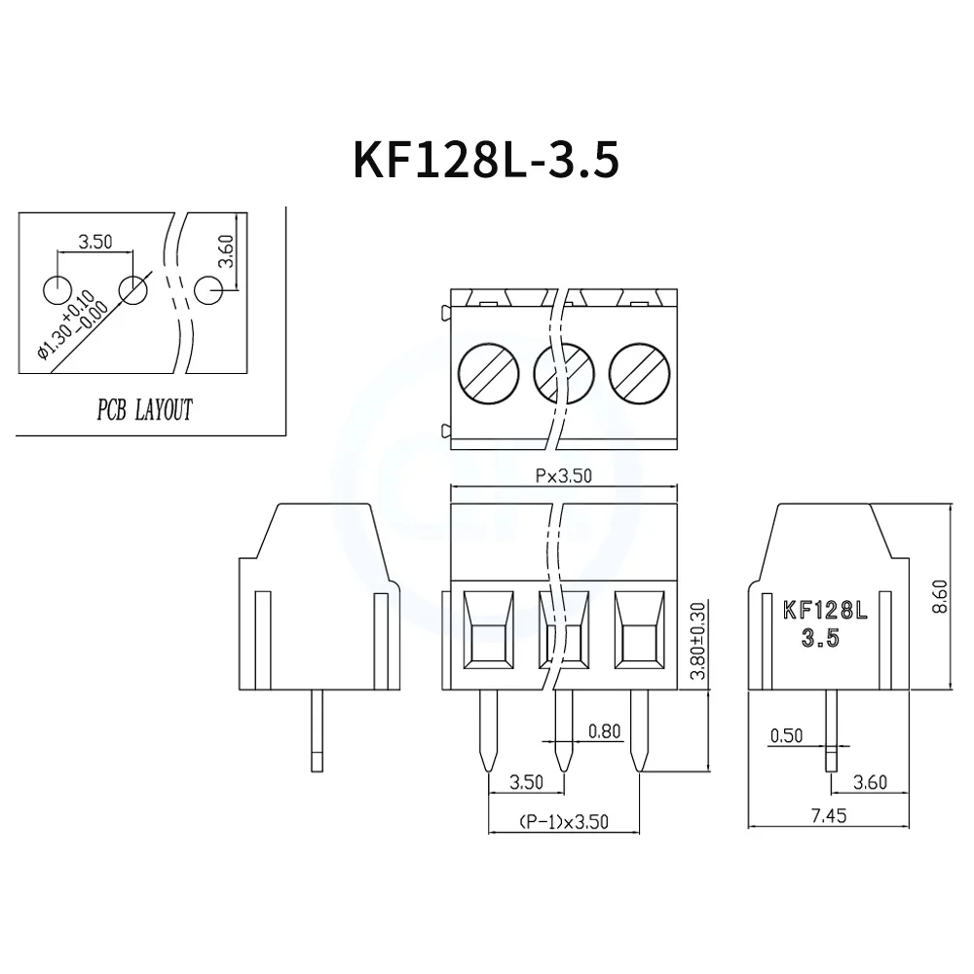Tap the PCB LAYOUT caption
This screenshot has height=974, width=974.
[144, 410]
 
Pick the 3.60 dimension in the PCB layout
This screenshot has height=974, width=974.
[226, 252]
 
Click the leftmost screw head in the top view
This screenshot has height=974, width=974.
[487, 372]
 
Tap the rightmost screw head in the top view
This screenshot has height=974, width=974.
[638, 372]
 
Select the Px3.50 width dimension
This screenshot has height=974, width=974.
[564, 476]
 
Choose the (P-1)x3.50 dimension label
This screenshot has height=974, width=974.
[563, 822]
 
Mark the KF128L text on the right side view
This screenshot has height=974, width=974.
[824, 612]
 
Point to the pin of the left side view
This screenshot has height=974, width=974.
[318, 730]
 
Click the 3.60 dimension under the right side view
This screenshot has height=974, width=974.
[870, 781]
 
